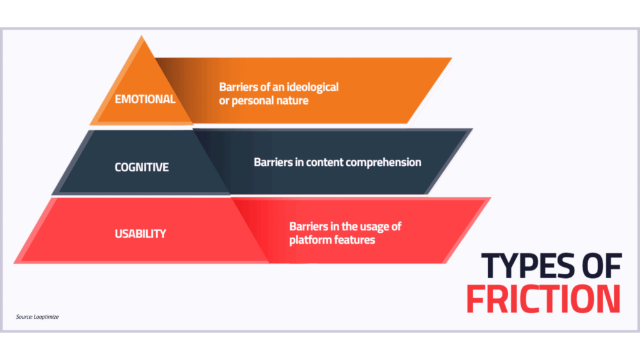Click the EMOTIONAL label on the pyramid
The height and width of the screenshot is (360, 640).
coord(145,99)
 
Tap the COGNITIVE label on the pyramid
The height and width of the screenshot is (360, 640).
coord(141,167)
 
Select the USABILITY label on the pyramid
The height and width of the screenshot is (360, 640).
coord(140,234)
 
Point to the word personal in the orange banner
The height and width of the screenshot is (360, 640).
coord(254,101)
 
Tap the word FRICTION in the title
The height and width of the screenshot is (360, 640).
coord(544,299)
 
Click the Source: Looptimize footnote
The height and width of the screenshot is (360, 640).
coord(37,317)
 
